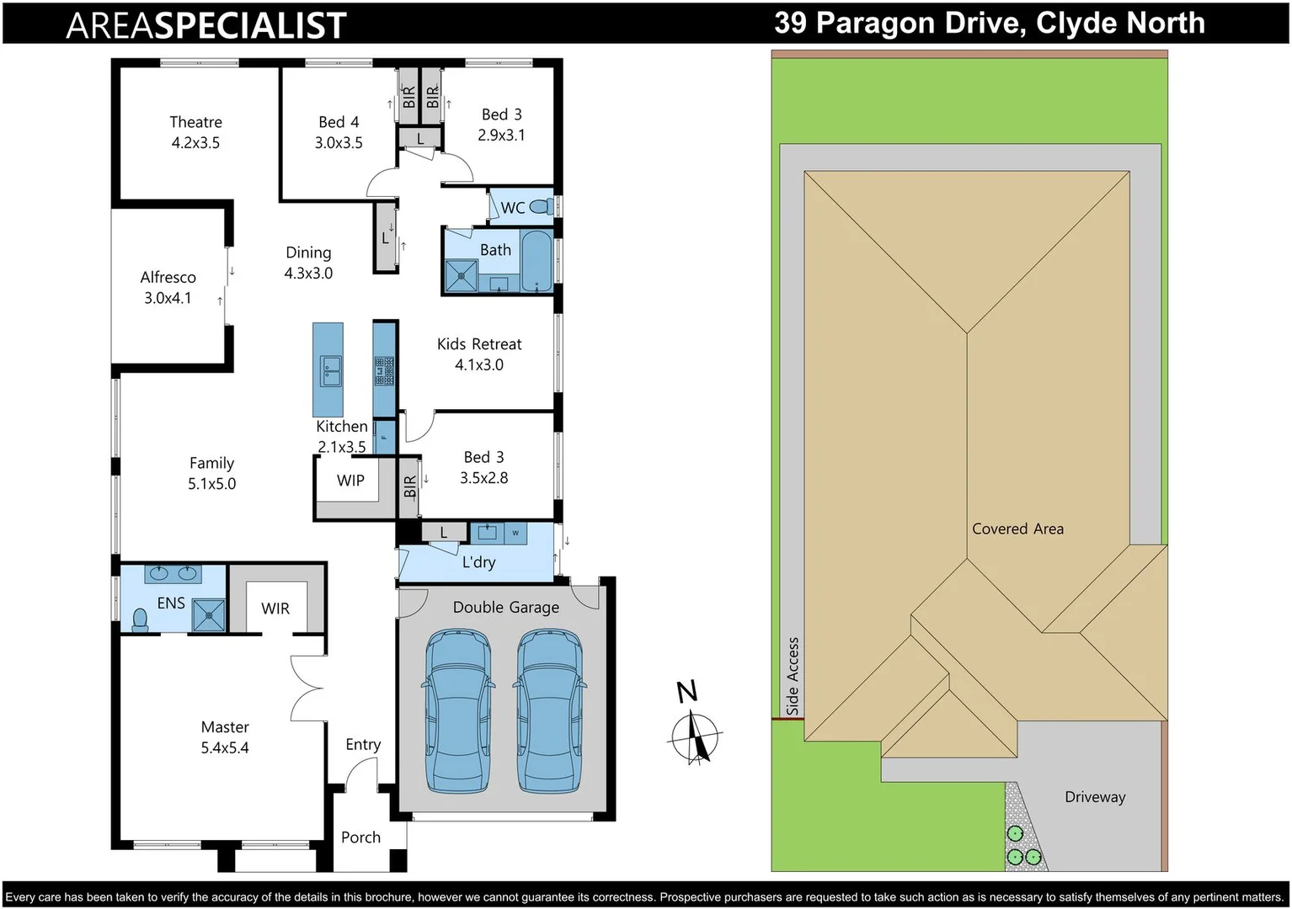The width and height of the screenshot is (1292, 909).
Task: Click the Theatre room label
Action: click(195, 123)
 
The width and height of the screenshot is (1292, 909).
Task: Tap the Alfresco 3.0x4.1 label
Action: click(168, 287)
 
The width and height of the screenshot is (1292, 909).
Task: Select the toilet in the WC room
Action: click(542, 206)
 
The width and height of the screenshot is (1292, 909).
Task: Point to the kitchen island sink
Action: click(329, 369)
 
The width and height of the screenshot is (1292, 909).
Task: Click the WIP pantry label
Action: click(350, 481)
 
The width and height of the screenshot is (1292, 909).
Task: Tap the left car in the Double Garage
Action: click(457, 711)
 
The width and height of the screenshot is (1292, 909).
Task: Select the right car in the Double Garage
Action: click(549, 711)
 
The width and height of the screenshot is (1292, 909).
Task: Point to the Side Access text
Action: click(793, 676)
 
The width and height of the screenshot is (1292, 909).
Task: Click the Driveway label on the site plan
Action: click(1094, 797)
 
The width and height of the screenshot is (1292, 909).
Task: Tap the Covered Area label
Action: click(1017, 529)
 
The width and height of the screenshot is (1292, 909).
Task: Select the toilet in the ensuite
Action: click(141, 620)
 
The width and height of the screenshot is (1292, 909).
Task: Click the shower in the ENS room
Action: click(208, 614)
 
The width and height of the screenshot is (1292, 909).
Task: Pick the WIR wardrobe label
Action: click(275, 609)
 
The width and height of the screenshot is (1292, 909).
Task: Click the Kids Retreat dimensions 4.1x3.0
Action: click(479, 365)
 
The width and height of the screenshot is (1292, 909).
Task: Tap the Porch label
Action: click(360, 837)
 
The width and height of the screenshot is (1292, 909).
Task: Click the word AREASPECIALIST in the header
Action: click(206, 25)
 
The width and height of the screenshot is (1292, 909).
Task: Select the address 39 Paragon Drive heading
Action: click(989, 23)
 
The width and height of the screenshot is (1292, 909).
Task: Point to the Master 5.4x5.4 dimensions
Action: click(225, 748)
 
